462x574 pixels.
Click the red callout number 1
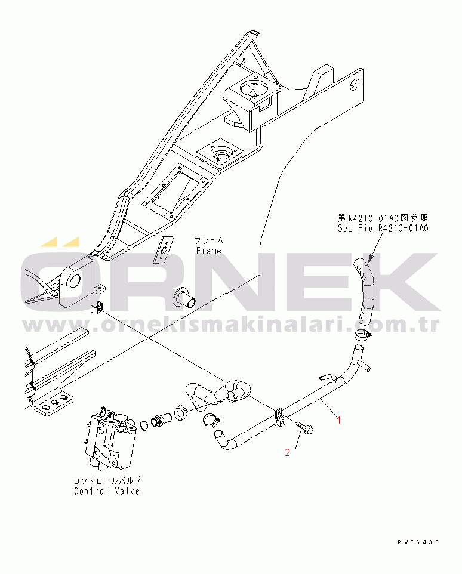pos(338,420)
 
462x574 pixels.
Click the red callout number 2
pos(287,452)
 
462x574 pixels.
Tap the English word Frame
pos(209,251)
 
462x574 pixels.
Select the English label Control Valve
pos(107,491)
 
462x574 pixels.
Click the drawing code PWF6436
pos(418,542)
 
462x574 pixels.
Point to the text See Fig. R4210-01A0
pos(383,228)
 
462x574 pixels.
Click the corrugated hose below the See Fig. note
pos(365,291)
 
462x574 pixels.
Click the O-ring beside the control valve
pos(144,425)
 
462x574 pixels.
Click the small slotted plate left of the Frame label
pos(164,249)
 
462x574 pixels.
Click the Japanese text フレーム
pos(209,240)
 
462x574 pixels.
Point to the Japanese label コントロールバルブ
pos(107,481)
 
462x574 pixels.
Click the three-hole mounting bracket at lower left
pos(52,403)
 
